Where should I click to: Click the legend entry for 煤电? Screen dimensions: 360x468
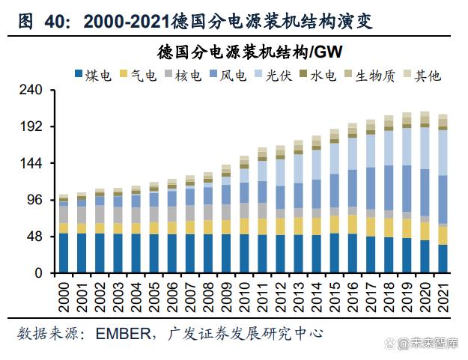(x=93, y=75)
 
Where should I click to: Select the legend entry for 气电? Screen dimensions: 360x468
(x=138, y=75)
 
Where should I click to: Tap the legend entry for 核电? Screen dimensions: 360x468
(x=183, y=75)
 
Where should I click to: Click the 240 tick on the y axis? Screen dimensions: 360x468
(x=33, y=91)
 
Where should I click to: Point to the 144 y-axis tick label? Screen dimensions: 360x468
(x=33, y=163)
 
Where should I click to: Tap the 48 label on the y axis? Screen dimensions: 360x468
(x=37, y=237)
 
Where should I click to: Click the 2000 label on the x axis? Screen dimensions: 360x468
(x=64, y=293)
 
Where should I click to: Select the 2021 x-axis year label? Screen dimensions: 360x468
(x=443, y=293)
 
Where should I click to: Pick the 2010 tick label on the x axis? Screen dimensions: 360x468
(x=244, y=293)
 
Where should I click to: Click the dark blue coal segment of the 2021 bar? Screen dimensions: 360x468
(x=443, y=259)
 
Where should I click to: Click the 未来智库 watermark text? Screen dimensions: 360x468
(x=434, y=343)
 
